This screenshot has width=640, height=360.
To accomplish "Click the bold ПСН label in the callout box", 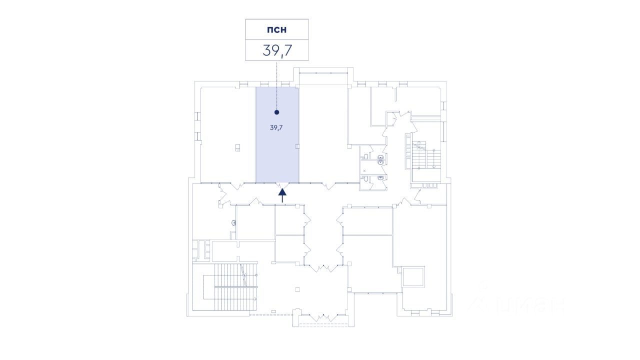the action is click(276, 29).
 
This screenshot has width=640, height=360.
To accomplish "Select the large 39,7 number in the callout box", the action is click(276, 50).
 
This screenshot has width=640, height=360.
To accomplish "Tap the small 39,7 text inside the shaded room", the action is click(276, 127).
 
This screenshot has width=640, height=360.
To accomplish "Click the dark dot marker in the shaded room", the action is click(276, 112).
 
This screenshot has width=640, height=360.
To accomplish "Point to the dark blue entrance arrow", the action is click(282, 194).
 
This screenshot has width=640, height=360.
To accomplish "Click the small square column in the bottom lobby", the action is click(297, 289).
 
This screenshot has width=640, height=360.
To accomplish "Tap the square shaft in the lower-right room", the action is click(413, 276).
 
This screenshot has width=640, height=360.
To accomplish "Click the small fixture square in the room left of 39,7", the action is click(238, 147).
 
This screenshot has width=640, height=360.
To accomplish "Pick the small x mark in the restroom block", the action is click(364, 171).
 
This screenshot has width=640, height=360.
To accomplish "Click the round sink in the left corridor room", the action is click(233, 223).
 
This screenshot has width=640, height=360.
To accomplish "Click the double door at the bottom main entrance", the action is click(323, 317).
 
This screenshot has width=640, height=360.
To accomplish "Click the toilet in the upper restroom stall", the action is click(380, 159).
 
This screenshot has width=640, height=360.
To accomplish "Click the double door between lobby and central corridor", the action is click(323, 268).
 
